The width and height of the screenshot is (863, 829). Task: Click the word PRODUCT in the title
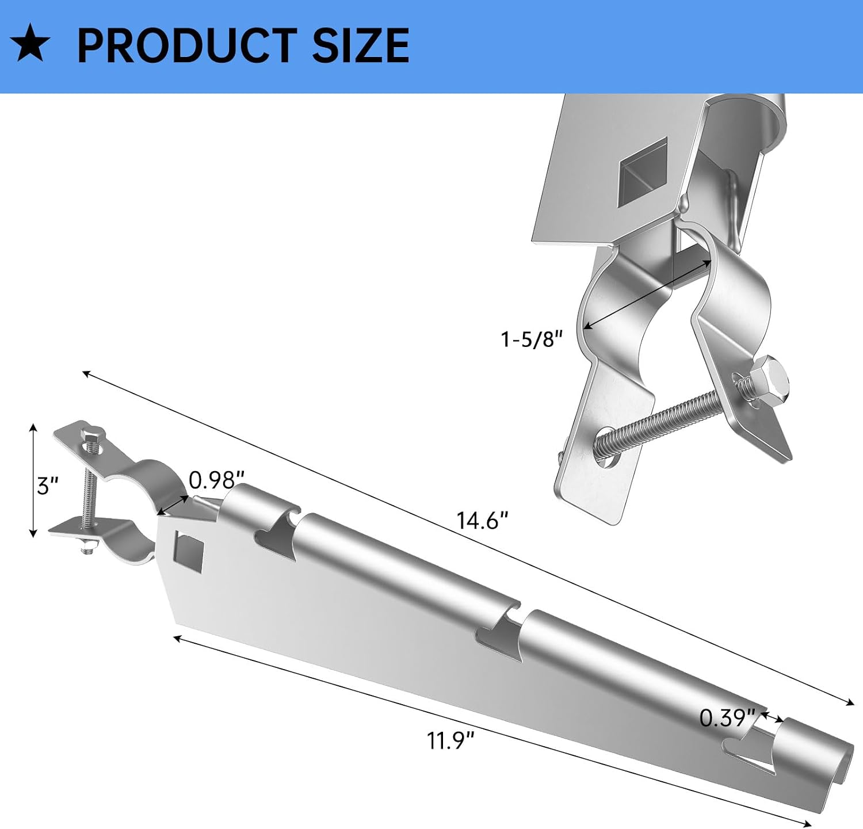188,45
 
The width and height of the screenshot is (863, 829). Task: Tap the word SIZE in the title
361,45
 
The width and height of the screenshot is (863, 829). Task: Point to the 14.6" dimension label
482,521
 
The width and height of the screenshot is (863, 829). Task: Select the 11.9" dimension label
450,740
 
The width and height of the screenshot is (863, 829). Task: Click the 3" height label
47,487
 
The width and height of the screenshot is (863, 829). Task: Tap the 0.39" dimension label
727,717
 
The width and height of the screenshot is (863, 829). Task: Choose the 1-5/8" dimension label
531,339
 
